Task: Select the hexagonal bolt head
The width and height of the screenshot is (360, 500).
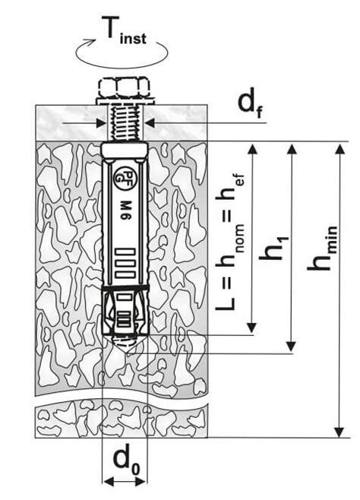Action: (123, 87)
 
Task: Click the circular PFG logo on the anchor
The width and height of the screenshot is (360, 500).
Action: (125, 175)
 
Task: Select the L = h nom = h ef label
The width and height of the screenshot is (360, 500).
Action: (230, 242)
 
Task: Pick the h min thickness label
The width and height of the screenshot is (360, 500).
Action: (322, 248)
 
